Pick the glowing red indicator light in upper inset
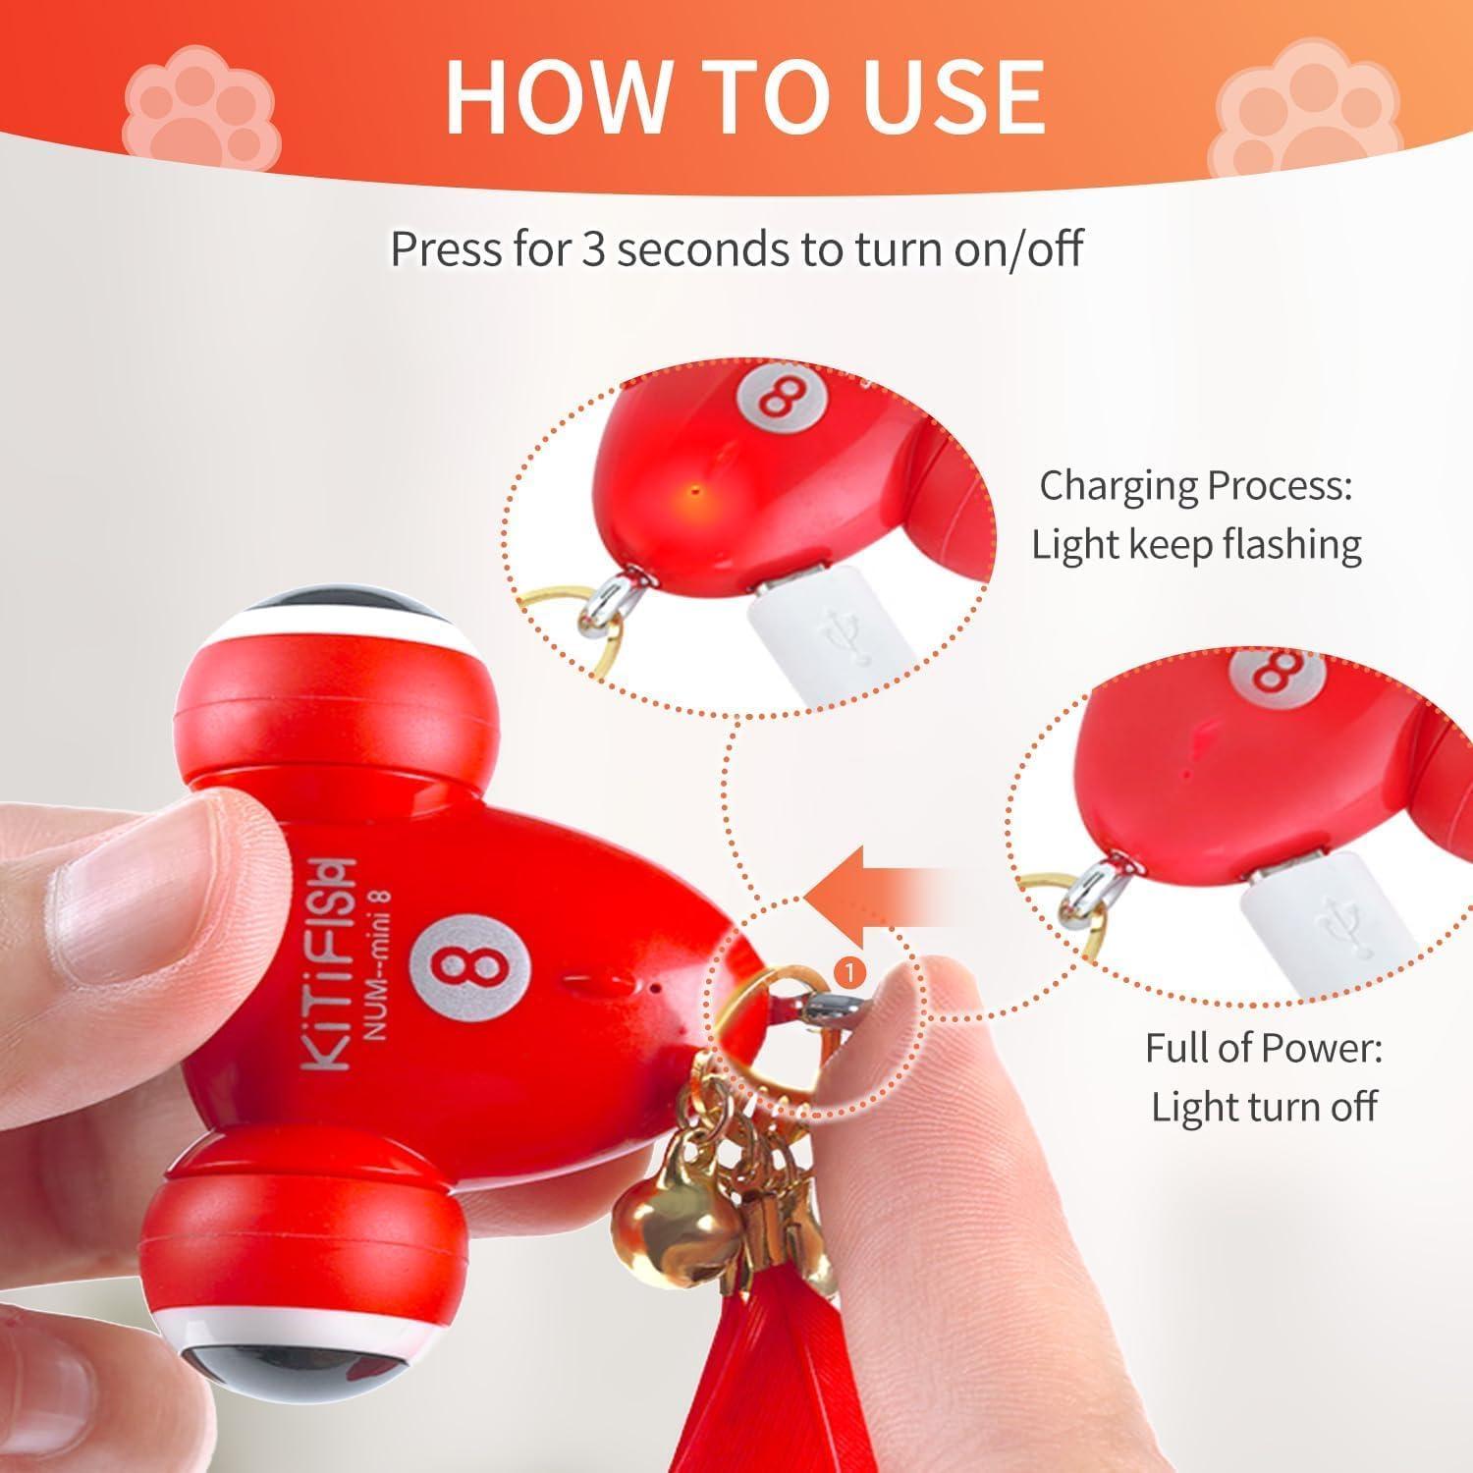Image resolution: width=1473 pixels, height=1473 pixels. click(695, 487)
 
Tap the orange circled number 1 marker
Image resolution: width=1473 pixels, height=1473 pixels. click(848, 971)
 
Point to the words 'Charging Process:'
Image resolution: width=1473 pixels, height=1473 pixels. click(1195, 485)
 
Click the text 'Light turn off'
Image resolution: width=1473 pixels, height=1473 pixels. click(1264, 1107)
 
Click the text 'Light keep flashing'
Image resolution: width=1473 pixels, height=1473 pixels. click(1196, 544)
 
